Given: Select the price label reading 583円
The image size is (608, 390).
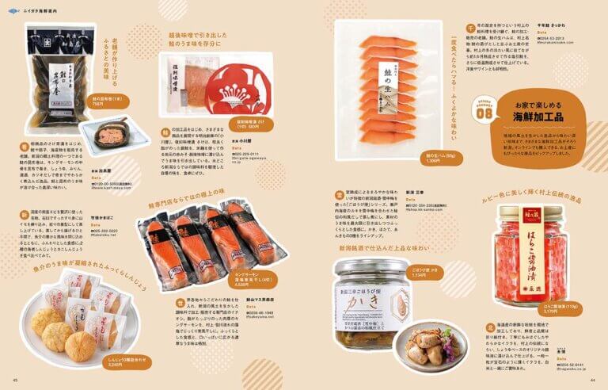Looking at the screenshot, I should point(243,125).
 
